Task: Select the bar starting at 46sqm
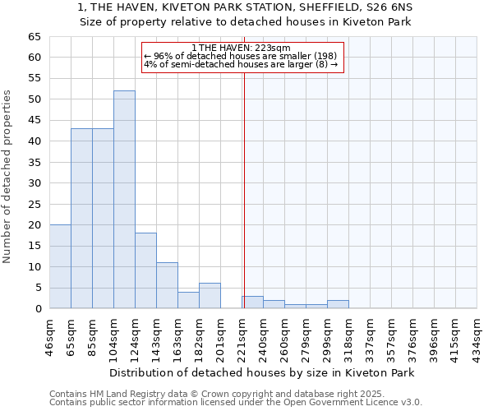click(x=60, y=266)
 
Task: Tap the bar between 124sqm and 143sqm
click(x=145, y=270)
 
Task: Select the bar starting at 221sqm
click(x=252, y=302)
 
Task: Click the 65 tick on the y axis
click(x=34, y=37)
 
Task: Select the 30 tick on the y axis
click(x=34, y=183)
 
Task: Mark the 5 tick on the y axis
click(x=37, y=288)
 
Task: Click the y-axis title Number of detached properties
click(x=7, y=176)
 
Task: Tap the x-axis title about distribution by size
click(x=262, y=372)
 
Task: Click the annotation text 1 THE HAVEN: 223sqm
click(x=240, y=48)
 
